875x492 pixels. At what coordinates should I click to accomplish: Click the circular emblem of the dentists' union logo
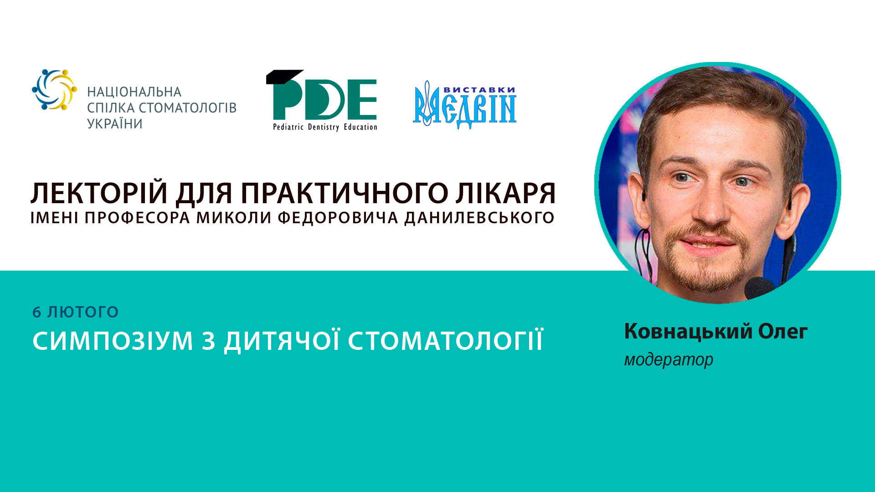pyautogui.click(x=54, y=90)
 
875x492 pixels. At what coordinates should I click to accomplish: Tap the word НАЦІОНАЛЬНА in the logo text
pyautogui.click(x=134, y=92)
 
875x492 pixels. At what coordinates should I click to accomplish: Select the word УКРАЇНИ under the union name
pyautogui.click(x=115, y=124)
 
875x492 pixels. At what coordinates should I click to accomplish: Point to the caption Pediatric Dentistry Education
pyautogui.click(x=325, y=127)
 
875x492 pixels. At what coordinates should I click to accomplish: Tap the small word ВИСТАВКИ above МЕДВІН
pyautogui.click(x=479, y=90)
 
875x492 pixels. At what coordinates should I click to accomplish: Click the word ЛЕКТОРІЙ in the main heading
pyautogui.click(x=99, y=194)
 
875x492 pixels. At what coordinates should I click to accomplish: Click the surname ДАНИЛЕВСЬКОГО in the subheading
pyautogui.click(x=479, y=218)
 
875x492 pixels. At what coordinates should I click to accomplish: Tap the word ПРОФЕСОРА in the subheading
pyautogui.click(x=137, y=218)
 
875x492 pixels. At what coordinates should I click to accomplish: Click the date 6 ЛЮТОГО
pyautogui.click(x=76, y=312)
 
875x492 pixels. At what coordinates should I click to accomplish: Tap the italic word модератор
pyautogui.click(x=669, y=360)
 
